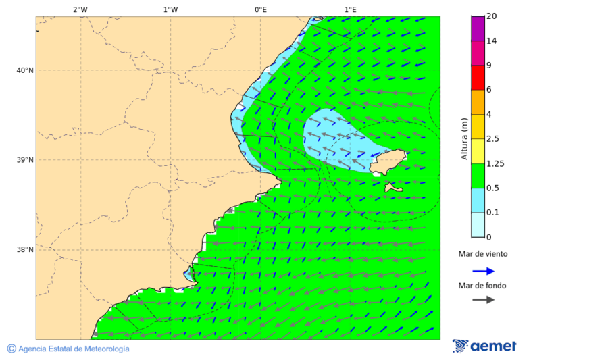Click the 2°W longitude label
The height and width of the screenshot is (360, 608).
point(80,9)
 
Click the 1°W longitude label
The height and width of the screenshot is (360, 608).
point(170,9)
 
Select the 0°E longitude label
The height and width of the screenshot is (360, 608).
point(260,9)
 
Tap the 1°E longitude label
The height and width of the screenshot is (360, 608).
point(350,9)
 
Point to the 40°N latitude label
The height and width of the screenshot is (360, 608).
point(24,70)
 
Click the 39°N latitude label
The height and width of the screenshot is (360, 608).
point(24,160)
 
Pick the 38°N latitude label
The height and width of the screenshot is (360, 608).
point(24,250)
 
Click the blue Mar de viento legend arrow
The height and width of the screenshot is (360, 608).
point(483,271)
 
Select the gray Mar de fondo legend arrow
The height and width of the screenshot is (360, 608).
point(483,299)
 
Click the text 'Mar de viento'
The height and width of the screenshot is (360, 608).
point(483,255)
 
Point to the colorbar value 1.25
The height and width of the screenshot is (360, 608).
point(497,163)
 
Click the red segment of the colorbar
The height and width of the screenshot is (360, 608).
point(478,77)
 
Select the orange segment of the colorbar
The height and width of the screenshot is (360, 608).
point(478,102)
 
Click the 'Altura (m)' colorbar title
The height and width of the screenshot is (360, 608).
point(464,138)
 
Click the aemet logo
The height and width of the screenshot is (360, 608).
point(484,346)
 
